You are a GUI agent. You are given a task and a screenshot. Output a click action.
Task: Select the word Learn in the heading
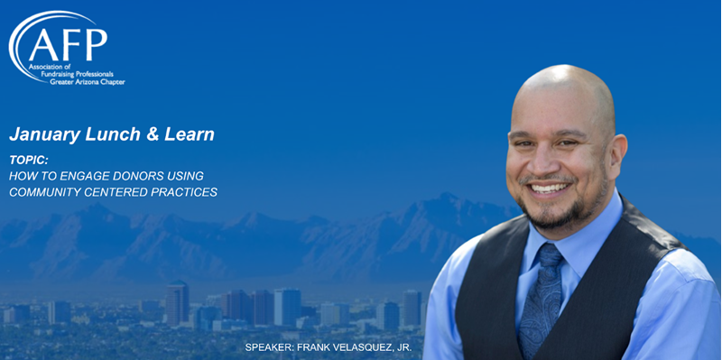pyautogui.click(x=190, y=134)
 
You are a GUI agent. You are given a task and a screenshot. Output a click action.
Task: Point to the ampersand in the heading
pyautogui.click(x=154, y=134)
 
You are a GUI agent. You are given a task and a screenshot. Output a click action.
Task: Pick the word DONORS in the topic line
pyautogui.click(x=142, y=175)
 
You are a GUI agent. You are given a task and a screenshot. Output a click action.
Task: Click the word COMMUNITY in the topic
pyautogui.click(x=45, y=192)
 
